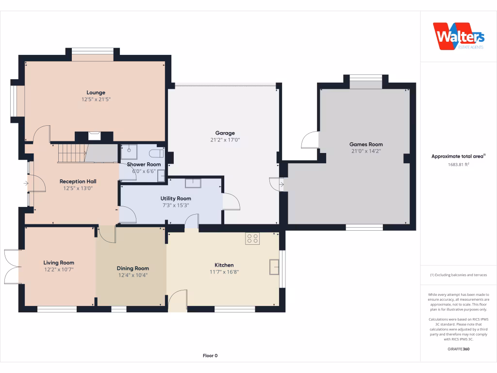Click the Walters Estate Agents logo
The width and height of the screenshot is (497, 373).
[x=458, y=36]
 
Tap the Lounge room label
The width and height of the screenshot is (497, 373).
[x=96, y=93]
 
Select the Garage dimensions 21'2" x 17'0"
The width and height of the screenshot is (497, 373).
[x=225, y=140]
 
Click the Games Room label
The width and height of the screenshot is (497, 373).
[x=366, y=144]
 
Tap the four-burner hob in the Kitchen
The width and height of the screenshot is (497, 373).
[x=252, y=238]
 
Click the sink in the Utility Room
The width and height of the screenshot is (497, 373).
[x=193, y=183]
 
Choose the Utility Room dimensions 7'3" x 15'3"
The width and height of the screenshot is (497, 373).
[x=176, y=205]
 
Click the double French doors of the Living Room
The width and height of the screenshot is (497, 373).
[x=12, y=267]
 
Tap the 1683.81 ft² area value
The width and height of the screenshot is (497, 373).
[x=458, y=164]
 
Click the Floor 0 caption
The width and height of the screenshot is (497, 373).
[x=210, y=356]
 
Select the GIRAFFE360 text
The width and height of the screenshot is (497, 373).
[x=458, y=349]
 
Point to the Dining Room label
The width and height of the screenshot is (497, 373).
[x=133, y=268]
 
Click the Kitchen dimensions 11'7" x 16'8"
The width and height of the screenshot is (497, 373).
[x=224, y=272]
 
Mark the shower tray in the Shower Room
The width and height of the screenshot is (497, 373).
[x=129, y=152]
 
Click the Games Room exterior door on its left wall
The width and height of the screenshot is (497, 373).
[x=310, y=141]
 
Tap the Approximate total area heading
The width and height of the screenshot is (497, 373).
[x=458, y=156]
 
